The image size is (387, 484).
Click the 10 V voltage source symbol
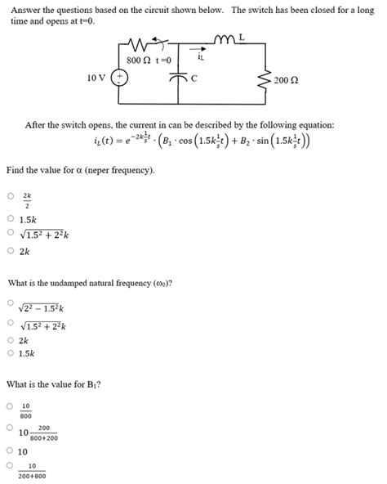[120, 79]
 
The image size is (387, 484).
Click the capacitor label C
[193, 78]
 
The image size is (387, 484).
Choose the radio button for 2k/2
[11, 195]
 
